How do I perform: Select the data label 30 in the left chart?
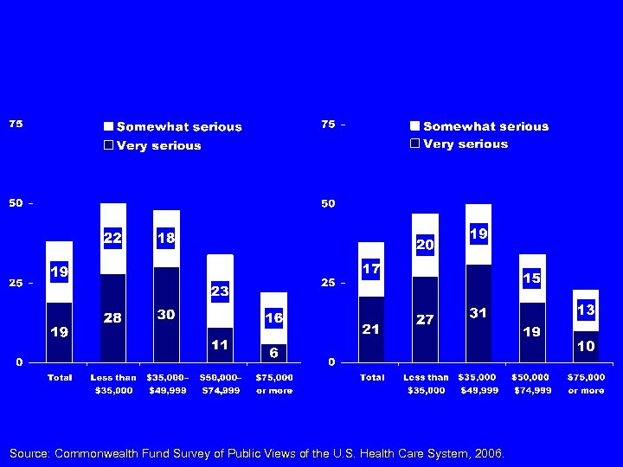click(x=166, y=316)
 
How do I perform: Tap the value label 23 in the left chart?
click(x=220, y=292)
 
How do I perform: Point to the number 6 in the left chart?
click(x=273, y=353)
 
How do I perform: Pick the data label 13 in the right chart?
click(x=586, y=310)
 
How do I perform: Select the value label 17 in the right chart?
click(x=371, y=270)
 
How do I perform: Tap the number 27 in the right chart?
click(x=425, y=320)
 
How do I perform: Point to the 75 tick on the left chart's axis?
click(x=16, y=124)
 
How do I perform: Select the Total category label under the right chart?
click(x=371, y=378)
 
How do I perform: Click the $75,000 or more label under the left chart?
click(x=273, y=384)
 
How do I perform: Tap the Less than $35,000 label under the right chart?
click(x=425, y=384)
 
